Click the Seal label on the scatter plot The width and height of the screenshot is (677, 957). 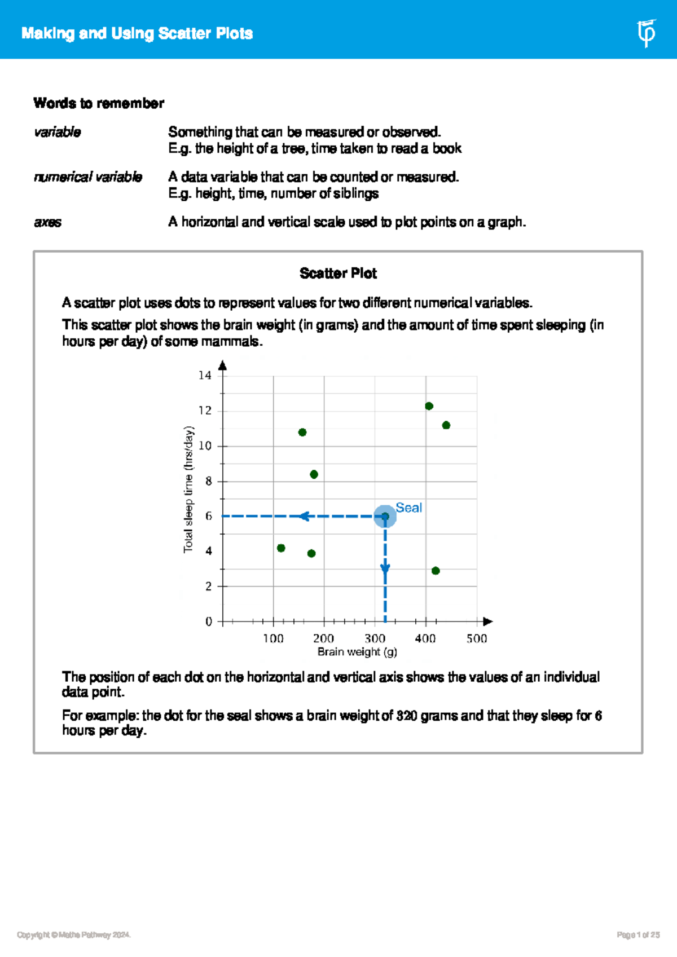408,508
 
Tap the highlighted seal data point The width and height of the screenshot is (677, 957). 385,516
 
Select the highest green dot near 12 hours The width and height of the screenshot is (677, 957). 429,406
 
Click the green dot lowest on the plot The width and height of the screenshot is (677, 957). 436,571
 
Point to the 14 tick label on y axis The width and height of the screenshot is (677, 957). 205,375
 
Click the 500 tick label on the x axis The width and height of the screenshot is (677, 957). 476,638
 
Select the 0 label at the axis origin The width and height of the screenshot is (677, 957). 209,621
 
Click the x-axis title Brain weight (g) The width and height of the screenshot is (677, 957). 357,652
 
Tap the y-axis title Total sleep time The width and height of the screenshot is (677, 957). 188,489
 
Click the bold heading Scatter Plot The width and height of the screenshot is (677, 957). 338,274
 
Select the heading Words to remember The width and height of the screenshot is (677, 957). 99,103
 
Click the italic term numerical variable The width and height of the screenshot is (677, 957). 88,177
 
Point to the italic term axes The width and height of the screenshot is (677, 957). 47,222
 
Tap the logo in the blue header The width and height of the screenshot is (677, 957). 646,33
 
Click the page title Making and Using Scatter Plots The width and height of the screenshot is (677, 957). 137,33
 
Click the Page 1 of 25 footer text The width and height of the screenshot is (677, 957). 638,935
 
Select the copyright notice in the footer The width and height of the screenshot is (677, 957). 74,935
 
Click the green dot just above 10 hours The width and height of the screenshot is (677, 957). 302,433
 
